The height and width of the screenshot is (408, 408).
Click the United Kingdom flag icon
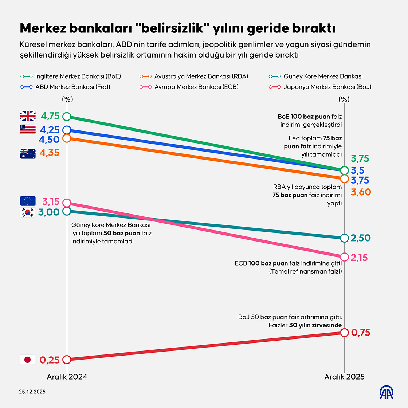[x=28, y=116]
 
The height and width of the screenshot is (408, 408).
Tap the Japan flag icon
[x=28, y=360]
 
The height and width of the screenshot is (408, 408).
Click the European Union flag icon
[x=28, y=201]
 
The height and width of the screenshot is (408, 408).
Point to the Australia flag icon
[x=28, y=154]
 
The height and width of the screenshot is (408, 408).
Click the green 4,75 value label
[x=50, y=116]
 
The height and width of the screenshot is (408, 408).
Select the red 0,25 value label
[x=49, y=360]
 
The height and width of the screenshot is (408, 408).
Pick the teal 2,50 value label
[x=360, y=238]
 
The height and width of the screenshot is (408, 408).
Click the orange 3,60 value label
[x=361, y=192]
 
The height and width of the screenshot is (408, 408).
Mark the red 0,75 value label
[x=360, y=332]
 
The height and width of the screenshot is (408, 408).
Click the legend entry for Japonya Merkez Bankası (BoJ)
[x=321, y=87]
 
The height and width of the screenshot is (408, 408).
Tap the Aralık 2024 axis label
[x=67, y=377]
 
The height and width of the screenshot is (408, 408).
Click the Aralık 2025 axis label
[x=344, y=377]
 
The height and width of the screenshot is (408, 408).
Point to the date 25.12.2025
[x=32, y=392]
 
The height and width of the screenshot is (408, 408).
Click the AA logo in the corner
[x=387, y=392]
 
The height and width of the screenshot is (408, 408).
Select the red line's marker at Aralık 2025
[x=345, y=332]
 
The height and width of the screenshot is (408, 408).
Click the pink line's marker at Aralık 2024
[x=67, y=203]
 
